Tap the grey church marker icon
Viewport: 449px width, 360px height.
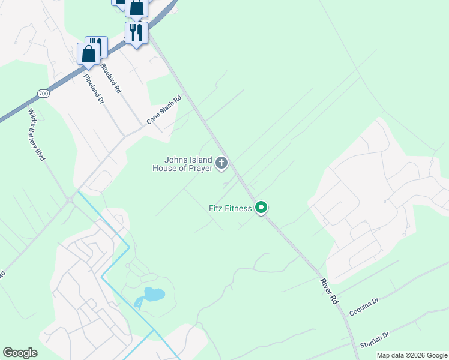(221, 163)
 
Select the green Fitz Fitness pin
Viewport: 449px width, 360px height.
(261, 208)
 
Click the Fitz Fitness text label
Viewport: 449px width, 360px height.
(231, 209)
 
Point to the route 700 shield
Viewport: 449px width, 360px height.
(43, 94)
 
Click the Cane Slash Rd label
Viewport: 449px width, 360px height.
(164, 111)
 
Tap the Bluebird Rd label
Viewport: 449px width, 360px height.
(111, 78)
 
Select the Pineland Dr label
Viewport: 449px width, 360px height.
(94, 89)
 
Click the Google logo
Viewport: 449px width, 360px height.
(20, 353)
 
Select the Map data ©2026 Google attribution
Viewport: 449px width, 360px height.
(412, 355)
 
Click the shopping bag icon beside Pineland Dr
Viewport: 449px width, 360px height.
(89, 54)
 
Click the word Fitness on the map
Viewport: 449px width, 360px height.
(239, 209)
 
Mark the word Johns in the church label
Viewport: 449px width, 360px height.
(175, 160)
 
